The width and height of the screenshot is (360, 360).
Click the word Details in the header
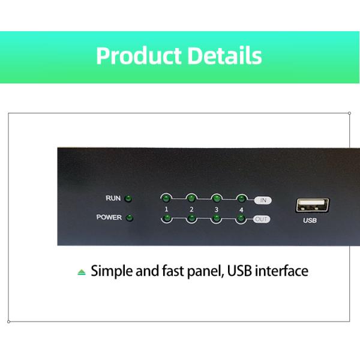[x=224, y=56]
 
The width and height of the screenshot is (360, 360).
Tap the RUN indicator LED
[x=128, y=199]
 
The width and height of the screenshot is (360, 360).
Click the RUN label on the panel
[x=113, y=199]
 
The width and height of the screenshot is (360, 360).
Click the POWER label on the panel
[x=109, y=218]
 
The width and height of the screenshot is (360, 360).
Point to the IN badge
[x=262, y=199]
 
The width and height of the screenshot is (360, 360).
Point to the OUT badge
[x=262, y=219]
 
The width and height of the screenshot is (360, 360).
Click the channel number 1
[x=166, y=209]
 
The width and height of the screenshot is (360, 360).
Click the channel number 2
[x=191, y=209]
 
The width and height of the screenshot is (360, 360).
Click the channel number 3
[x=216, y=209]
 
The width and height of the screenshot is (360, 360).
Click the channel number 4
[x=241, y=209]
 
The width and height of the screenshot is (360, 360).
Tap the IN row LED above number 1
[x=166, y=197]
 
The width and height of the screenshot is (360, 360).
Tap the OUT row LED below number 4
[x=241, y=218]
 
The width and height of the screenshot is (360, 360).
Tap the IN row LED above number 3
[x=216, y=197]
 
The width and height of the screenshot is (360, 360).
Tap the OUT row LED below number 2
[x=191, y=218]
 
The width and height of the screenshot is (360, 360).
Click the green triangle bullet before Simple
[x=82, y=272]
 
